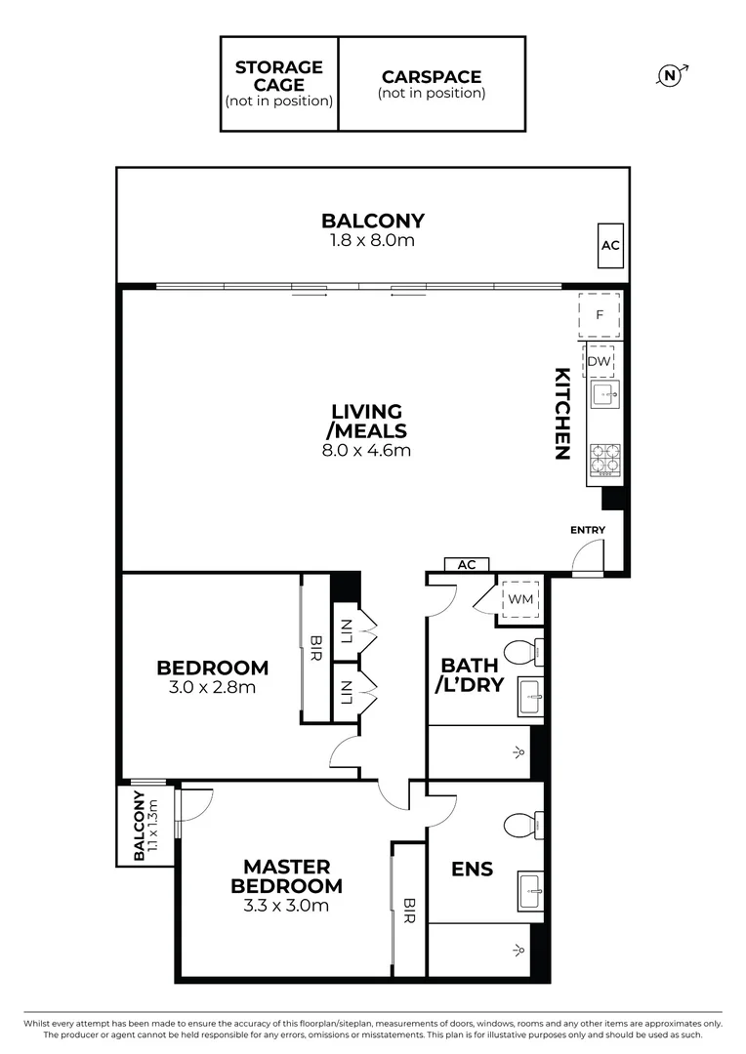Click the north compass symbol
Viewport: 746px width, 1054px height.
click(x=671, y=75)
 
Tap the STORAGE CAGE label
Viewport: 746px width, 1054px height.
click(x=279, y=76)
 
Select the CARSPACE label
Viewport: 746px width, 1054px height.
click(x=432, y=76)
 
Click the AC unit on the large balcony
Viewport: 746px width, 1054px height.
click(x=610, y=245)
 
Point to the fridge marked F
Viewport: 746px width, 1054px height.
click(x=600, y=314)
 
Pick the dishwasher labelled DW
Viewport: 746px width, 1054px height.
click(x=600, y=362)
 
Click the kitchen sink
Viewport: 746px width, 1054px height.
click(x=602, y=395)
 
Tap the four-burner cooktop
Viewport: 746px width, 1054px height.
click(x=603, y=457)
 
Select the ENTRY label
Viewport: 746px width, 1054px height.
click(x=588, y=530)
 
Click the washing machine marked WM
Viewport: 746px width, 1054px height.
click(x=521, y=598)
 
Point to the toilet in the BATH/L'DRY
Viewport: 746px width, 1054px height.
click(x=523, y=651)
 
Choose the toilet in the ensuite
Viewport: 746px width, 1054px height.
click(x=523, y=825)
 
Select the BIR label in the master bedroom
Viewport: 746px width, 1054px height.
click(x=408, y=912)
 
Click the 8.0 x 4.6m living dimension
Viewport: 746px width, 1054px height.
click(x=367, y=450)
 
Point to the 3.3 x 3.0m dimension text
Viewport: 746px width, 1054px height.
click(x=286, y=906)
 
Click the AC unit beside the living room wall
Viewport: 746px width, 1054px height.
click(x=467, y=565)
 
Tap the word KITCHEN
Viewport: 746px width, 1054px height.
click(x=562, y=413)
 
